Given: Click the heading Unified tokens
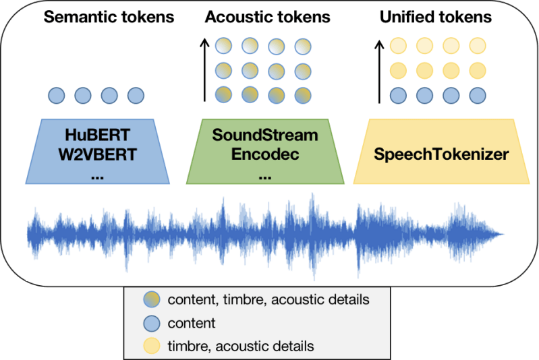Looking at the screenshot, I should (436, 16).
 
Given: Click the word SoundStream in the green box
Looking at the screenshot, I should (264, 134).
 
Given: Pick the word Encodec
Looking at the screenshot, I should (264, 154).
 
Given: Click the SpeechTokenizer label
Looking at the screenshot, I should (442, 154).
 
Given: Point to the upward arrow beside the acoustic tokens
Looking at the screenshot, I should (204, 71).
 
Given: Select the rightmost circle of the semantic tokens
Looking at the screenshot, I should (136, 95).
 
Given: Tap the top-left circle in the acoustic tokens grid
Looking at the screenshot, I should (223, 46).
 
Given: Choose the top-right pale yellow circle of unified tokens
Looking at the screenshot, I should (478, 46).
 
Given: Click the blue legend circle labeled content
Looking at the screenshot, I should (152, 323).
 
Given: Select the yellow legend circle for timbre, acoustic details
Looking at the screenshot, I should (152, 347).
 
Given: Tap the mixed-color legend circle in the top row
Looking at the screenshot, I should (152, 300).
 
